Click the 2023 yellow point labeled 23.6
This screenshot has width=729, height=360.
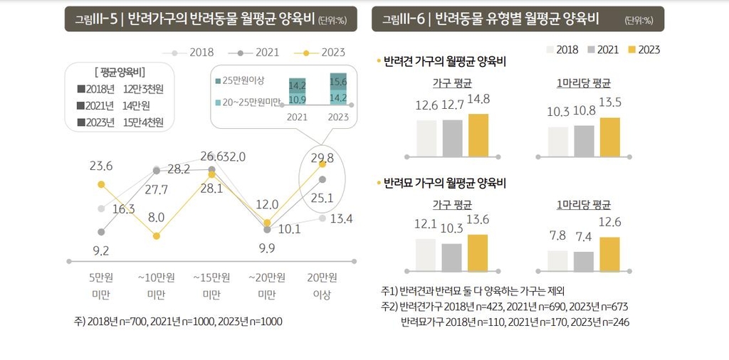[x=101, y=184]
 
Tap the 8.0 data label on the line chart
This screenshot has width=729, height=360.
[x=157, y=217]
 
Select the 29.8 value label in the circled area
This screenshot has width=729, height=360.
[x=322, y=158]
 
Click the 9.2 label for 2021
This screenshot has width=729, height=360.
[x=100, y=250]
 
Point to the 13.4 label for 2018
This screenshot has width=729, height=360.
[x=342, y=218]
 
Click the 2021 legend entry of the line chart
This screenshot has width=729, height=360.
[x=261, y=52]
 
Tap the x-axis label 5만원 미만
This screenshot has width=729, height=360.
[x=100, y=285]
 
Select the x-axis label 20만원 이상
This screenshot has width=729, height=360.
[x=322, y=285]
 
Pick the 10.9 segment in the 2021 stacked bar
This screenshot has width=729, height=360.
[x=298, y=99]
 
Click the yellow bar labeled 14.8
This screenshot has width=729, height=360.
[x=478, y=134]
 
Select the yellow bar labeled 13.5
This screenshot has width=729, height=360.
[x=610, y=136]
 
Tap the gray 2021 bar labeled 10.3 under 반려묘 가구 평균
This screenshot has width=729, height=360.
[x=451, y=258]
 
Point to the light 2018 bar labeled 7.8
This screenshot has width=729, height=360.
[x=557, y=261]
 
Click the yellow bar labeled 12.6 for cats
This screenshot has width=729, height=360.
[x=610, y=254]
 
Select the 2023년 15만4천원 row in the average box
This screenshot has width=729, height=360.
[x=120, y=122]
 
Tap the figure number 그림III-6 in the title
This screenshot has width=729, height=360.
[x=404, y=19]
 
